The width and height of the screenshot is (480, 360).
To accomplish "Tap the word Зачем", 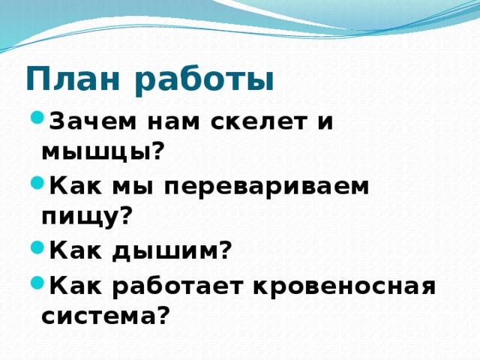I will click(84, 121).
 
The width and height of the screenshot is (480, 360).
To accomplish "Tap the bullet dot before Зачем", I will click(35, 119).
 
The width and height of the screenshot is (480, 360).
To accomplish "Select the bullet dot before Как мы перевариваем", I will click(35, 184).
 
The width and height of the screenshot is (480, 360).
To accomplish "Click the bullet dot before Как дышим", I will click(35, 249).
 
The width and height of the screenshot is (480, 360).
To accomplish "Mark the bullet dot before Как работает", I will click(35, 283).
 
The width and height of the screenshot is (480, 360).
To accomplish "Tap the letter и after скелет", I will click(323, 122).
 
